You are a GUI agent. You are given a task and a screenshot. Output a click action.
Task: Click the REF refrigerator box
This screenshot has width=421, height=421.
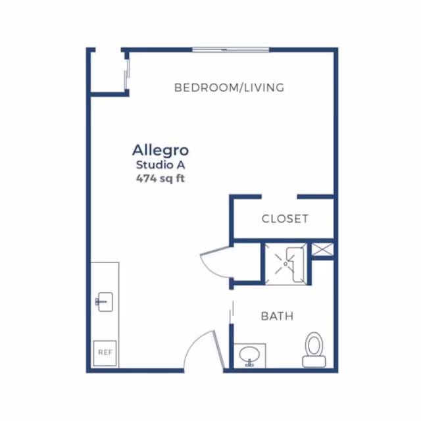tap(105, 353)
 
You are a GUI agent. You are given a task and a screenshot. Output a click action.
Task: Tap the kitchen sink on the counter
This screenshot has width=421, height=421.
tap(105, 302)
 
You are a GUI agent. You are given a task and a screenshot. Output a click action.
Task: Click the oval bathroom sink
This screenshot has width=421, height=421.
tap(249, 355)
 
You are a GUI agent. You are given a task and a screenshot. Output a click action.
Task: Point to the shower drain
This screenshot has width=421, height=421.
tap(285, 264)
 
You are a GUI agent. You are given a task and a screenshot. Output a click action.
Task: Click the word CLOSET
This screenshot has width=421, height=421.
tap(285, 219)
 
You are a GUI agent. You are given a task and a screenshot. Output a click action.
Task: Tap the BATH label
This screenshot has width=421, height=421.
tap(277, 316)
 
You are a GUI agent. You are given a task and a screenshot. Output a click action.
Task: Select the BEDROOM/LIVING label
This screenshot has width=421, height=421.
tap(230, 87)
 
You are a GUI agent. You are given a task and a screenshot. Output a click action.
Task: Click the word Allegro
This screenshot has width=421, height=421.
tap(161, 151)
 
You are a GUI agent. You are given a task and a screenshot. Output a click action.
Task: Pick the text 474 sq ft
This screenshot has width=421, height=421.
tap(161, 178)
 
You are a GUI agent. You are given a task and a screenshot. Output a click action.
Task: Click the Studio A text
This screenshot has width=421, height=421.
tap(161, 165)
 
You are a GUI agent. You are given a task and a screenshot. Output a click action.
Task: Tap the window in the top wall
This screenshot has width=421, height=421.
tap(231, 50)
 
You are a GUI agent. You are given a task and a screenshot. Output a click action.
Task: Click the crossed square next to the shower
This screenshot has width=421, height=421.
tap(322, 249)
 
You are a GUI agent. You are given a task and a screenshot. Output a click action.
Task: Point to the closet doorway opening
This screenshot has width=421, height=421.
tap(279, 197)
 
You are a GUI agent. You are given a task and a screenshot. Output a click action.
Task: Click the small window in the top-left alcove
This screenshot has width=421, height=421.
tap(127, 74)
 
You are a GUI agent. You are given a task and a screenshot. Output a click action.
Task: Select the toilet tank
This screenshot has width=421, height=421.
tap(314, 361)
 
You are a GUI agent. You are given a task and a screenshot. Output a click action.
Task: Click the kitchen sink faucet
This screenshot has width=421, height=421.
tap(98, 302)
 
